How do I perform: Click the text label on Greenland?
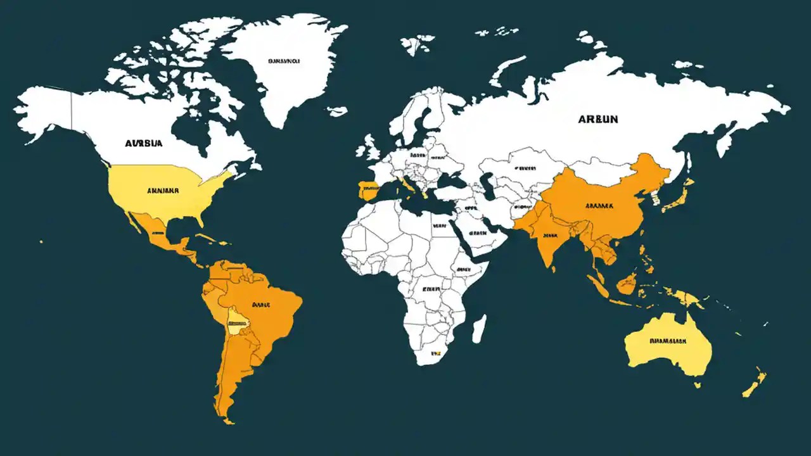pos(283,62)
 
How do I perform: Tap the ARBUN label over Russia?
pos(598,118)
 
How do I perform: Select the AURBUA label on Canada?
pos(144,143)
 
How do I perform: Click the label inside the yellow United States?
pos(163,189)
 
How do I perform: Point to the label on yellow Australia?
pos(668,341)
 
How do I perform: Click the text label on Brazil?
pos(261,305)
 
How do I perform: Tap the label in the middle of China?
pos(599,206)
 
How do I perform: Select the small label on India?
pos(549,235)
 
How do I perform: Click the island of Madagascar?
pos(480,329)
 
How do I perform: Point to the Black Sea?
pos(451,180)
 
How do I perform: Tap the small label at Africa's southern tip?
pos(435,353)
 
